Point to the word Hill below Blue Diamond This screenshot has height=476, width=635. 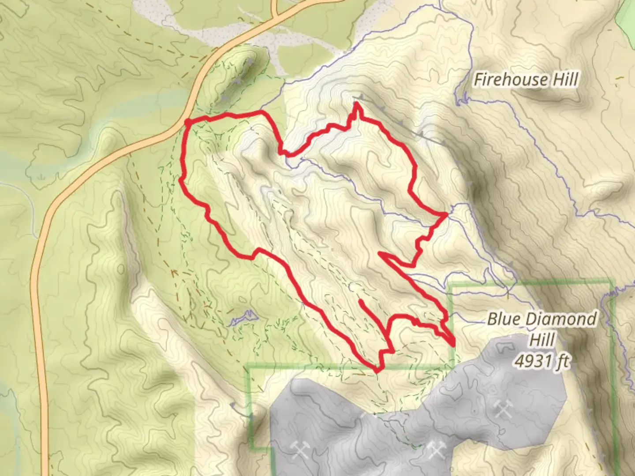(x=542, y=340)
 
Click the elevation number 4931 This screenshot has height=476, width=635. (x=532, y=361)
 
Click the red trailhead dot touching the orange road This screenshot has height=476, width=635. (x=187, y=122)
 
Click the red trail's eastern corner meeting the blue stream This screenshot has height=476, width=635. (x=446, y=214)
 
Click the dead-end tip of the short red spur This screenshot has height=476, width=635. (x=361, y=301)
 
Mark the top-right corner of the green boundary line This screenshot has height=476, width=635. (x=612, y=281)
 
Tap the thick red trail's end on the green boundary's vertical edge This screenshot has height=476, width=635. (x=453, y=344)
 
